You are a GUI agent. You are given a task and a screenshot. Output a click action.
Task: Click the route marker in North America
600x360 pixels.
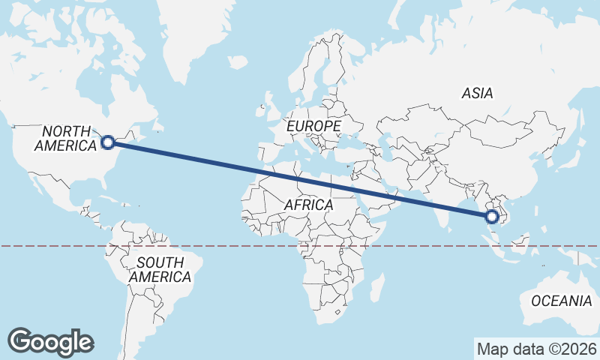coord(108,142)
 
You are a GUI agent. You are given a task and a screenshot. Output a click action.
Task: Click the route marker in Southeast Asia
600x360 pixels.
coord(492,217)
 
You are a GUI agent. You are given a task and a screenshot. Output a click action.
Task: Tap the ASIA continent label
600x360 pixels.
coord(478,94)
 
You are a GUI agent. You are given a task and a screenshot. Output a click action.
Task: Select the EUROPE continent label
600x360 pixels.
coord(314,126)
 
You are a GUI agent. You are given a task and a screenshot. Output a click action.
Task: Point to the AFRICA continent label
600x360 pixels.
coord(309,204)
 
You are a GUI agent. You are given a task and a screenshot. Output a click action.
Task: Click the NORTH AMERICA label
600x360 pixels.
coord(66,138)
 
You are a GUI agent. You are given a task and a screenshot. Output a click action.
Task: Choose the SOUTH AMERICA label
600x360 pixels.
coord(160,270)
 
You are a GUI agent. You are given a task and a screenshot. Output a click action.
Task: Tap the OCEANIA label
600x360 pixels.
coord(561,301)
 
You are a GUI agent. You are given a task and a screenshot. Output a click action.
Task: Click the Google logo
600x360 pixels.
coord(51,342)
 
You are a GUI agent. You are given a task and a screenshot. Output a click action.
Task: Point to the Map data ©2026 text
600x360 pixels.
coord(536,349)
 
